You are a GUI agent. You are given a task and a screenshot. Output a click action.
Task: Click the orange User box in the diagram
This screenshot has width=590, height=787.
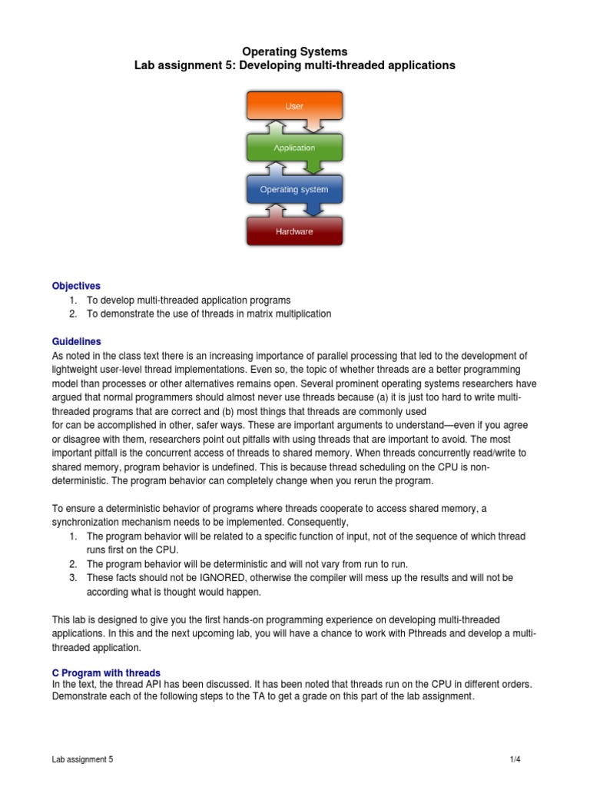pos(294,107)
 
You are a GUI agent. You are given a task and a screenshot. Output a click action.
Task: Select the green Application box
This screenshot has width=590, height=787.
pos(294,148)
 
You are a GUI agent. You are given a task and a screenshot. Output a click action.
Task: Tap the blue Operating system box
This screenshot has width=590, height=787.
pos(294,189)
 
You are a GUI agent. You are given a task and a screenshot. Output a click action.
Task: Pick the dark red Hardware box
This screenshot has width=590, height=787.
pos(294,231)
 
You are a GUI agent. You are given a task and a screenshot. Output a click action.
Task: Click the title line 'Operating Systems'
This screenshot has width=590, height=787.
pos(295,51)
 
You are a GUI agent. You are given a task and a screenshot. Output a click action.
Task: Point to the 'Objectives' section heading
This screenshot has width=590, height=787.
pos(76,286)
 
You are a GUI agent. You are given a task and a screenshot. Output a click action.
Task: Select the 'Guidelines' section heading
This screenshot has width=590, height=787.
pos(76,341)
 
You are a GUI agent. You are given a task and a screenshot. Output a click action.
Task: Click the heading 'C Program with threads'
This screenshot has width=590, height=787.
pos(106,672)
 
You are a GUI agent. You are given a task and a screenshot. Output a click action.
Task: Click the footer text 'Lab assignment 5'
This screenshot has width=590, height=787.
pos(82,760)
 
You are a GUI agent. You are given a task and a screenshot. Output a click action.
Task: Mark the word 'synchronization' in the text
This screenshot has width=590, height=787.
pos(87,522)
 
